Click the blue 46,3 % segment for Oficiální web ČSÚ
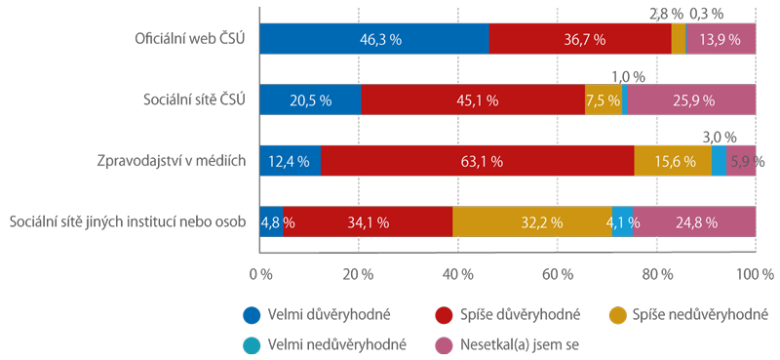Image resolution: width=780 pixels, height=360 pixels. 374,39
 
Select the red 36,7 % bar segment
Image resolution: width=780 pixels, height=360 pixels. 580,39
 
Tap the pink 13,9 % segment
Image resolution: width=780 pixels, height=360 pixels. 721,39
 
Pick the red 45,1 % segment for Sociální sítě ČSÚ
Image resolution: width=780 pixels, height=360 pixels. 473,100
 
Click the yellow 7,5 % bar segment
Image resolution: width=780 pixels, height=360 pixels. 604,100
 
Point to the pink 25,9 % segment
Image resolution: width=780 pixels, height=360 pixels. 691,100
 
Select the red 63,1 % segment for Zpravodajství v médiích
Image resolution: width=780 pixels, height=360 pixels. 478,161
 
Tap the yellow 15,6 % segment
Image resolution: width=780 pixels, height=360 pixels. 673,161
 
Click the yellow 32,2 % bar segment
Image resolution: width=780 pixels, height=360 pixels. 532,222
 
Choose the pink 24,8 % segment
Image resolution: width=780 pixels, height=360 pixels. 694,222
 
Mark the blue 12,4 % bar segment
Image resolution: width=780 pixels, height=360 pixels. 291,161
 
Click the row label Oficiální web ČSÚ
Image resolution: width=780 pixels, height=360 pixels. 191,39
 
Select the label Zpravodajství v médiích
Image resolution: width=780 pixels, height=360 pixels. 173,161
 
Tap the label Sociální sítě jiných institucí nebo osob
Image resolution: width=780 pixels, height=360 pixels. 129,222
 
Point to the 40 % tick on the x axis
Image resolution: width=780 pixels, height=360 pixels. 457,274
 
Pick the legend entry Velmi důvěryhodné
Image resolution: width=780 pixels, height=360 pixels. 316,315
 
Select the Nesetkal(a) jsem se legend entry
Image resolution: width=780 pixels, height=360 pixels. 507,344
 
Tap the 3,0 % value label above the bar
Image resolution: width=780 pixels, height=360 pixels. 720,136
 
